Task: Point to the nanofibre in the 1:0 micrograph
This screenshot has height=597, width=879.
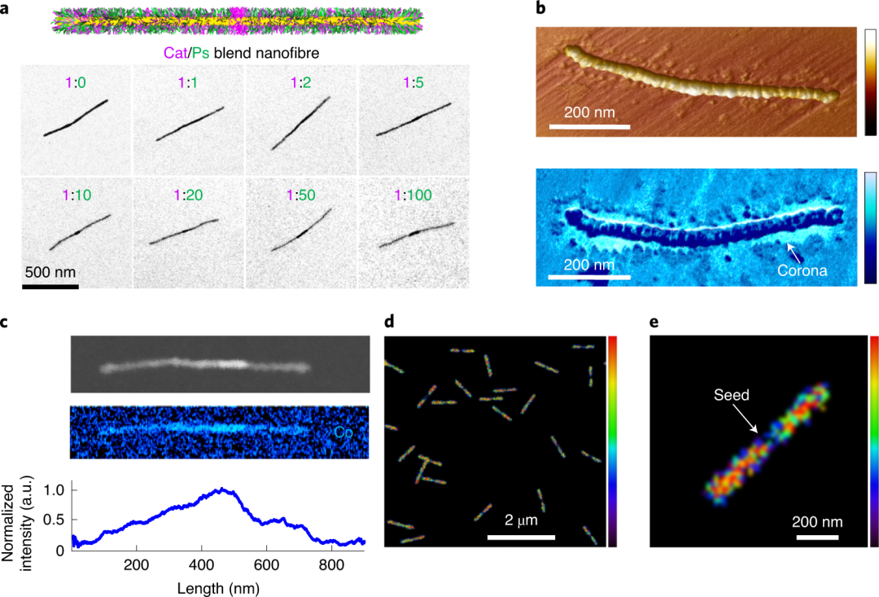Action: [x=75, y=119]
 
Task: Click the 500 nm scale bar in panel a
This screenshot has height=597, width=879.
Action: [x=50, y=286]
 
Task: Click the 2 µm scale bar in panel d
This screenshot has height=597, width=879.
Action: [x=521, y=537]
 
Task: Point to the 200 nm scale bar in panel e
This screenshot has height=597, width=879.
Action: [x=817, y=537]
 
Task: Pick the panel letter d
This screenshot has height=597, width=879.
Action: [x=389, y=321]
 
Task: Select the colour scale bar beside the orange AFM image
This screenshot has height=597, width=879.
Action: [x=870, y=81]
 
